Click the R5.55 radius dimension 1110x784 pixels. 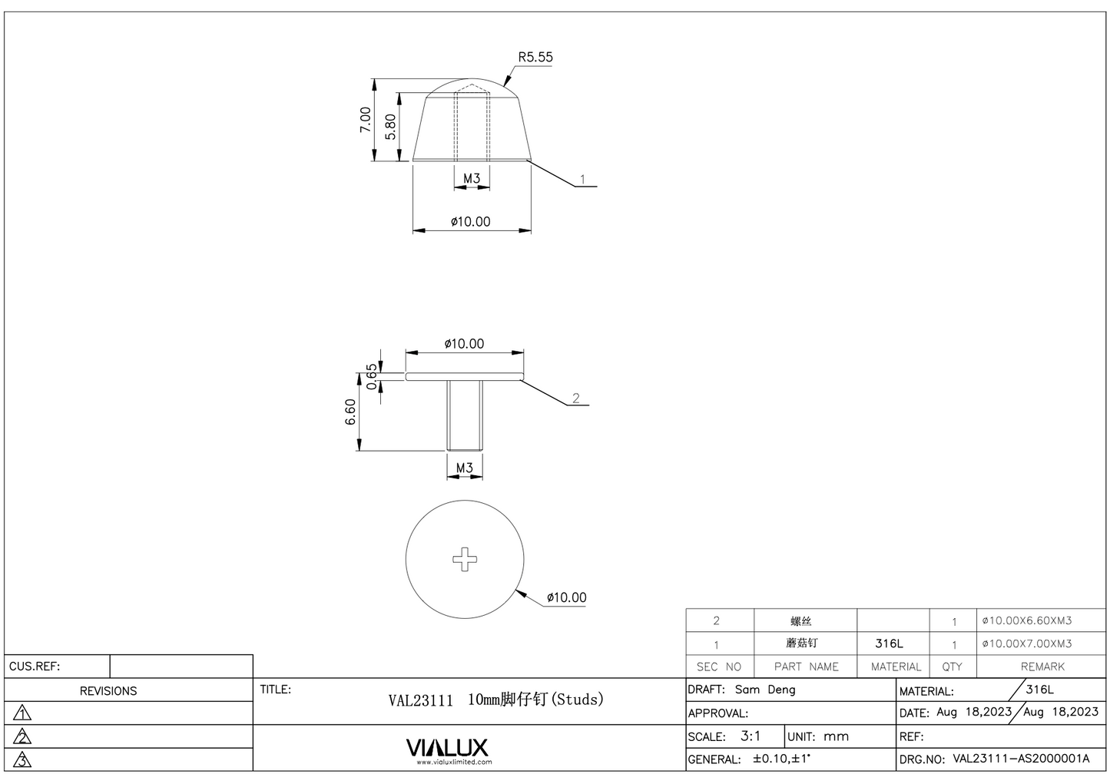point(535,57)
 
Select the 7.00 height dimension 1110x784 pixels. point(366,119)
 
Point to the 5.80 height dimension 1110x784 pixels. point(390,127)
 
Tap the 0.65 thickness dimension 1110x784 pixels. point(373,376)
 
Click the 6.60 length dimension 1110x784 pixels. point(350,413)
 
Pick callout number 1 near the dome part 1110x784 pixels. point(582,179)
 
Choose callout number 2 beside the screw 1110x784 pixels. point(575,398)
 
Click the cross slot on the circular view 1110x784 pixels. point(465,559)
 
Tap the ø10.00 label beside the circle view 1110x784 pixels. point(566,597)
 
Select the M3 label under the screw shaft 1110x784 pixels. point(465,468)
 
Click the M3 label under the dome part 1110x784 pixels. point(472,178)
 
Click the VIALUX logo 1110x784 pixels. point(446,748)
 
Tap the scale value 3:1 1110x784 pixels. point(750,736)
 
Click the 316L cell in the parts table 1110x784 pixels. point(889,643)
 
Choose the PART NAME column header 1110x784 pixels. point(806,667)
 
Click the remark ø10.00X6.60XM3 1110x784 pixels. point(1026,620)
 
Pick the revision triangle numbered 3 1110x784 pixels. point(23,759)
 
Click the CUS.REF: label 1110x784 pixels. point(35,666)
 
